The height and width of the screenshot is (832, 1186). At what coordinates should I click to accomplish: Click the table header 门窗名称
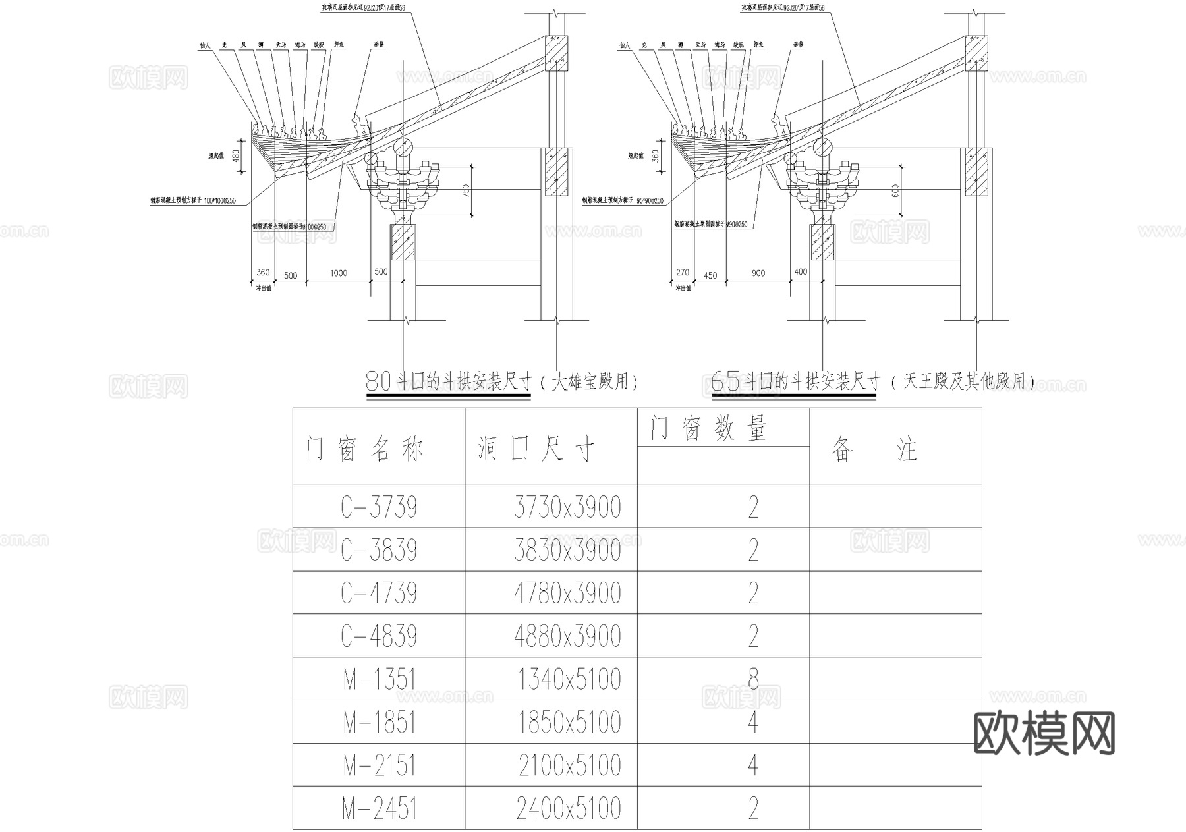click(364, 450)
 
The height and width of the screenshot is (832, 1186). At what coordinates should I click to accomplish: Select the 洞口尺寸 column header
click(536, 450)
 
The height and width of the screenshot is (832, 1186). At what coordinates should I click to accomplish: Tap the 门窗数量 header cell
click(709, 429)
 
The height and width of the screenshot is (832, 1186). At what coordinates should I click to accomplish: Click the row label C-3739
click(379, 507)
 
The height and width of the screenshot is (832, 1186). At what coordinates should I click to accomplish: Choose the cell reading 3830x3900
click(567, 550)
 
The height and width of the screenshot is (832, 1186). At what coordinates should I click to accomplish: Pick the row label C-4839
click(379, 636)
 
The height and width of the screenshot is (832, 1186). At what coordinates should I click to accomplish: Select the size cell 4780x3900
click(567, 594)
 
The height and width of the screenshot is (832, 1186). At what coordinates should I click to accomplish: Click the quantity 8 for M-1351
click(753, 679)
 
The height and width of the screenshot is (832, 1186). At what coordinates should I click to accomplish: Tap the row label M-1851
click(380, 723)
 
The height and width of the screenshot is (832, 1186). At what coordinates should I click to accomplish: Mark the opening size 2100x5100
click(569, 765)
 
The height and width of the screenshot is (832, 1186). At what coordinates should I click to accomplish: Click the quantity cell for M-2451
click(753, 808)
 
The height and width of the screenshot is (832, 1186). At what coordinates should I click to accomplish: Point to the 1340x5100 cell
click(569, 679)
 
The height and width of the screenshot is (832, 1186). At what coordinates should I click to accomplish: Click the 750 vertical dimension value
click(466, 190)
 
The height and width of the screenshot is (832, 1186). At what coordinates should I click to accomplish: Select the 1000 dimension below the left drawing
click(339, 273)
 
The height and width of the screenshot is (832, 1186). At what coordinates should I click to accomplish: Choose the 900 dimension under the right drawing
click(758, 273)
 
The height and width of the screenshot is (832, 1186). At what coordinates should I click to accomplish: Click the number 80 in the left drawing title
click(378, 381)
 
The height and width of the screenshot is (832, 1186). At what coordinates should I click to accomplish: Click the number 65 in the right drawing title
click(725, 381)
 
